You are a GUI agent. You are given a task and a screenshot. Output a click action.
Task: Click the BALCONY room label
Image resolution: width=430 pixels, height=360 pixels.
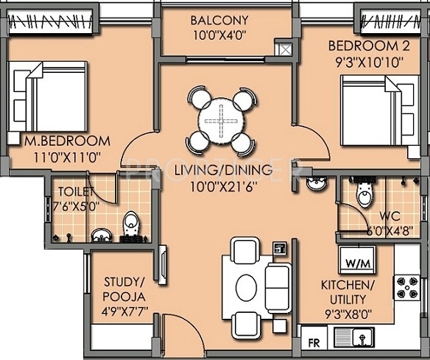[x=219, y=21]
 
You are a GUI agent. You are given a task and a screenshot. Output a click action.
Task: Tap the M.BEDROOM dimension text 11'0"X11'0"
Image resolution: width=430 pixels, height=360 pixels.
[x=68, y=158]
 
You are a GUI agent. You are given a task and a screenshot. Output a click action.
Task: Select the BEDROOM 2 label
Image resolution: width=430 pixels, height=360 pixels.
[x=369, y=46]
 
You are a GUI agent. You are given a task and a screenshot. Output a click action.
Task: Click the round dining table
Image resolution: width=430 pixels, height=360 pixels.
[x=221, y=121]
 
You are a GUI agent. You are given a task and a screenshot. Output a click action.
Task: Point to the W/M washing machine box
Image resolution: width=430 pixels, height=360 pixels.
[x=357, y=260]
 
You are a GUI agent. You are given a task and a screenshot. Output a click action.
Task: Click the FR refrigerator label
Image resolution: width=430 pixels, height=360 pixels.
[x=314, y=343]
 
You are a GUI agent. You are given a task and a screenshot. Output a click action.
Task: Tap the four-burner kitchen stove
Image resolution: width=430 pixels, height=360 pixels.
[x=407, y=287]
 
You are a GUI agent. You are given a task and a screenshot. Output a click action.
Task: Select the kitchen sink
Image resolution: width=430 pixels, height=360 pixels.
[x=354, y=337]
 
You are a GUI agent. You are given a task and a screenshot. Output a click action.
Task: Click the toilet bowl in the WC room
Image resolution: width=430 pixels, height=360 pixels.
[x=364, y=193]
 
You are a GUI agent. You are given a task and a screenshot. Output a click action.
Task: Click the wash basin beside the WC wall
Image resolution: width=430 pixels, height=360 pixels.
[x=317, y=184]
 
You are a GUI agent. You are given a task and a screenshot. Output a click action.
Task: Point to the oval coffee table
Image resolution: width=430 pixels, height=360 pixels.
[x=246, y=288]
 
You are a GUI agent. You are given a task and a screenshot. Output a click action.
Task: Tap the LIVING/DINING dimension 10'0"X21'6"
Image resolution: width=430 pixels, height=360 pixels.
[x=224, y=188]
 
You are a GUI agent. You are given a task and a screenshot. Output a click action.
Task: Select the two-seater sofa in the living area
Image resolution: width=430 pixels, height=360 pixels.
[x=278, y=288]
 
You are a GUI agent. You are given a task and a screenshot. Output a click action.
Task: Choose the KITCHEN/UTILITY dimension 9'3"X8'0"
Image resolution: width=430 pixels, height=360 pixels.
[x=348, y=314]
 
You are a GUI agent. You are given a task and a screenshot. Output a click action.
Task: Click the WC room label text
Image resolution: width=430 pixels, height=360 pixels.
[x=390, y=216]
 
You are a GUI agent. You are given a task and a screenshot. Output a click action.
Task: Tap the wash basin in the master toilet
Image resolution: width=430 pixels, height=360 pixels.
[x=102, y=236]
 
